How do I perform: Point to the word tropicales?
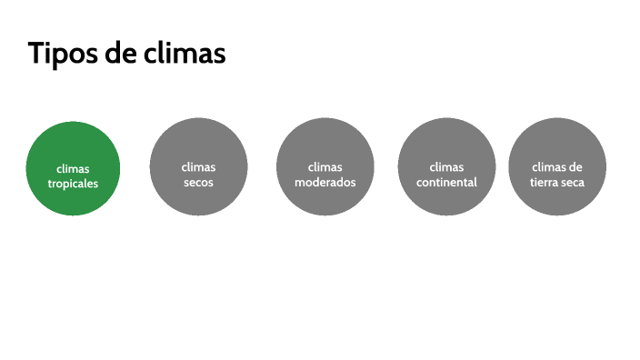73,183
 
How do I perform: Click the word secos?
199,182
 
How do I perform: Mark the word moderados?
325,182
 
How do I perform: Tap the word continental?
446,182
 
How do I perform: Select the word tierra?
545,182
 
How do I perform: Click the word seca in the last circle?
573,182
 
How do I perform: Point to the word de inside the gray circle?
575,167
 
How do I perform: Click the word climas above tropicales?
73,168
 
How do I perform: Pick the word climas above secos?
199,167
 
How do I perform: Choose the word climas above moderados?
325,167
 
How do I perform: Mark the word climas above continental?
446,167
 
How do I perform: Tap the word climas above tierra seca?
549,167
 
